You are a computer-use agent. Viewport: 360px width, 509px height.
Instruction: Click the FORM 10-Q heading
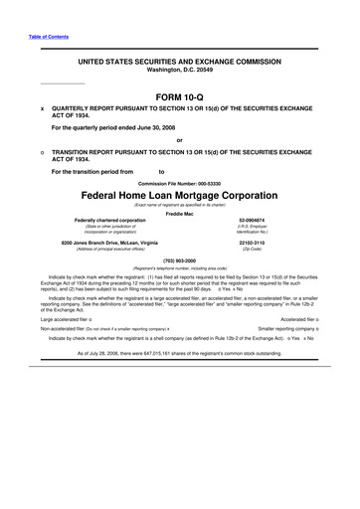point(179,95)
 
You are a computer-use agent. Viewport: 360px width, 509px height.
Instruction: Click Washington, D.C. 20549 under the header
point(179,42)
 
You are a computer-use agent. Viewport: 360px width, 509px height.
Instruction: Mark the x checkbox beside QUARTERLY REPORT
point(41,109)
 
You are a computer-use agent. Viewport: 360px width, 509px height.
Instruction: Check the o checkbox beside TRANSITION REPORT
point(41,153)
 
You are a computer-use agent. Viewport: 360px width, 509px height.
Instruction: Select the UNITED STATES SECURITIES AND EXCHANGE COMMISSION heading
point(179,34)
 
